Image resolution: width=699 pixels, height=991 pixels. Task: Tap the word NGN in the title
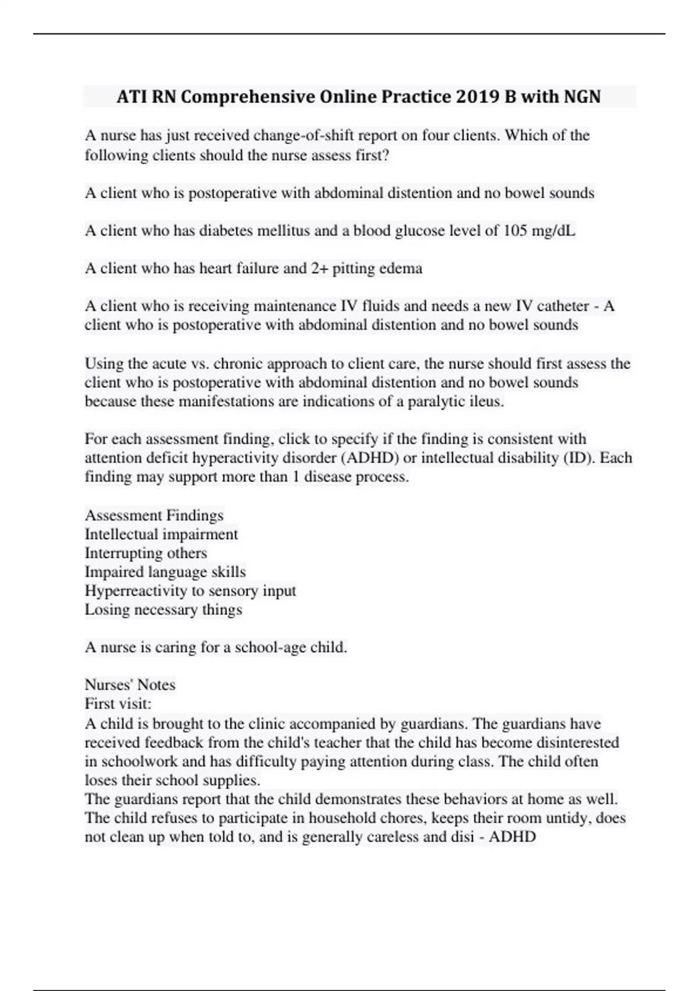[x=582, y=96]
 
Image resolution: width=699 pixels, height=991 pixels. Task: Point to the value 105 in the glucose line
[x=516, y=231]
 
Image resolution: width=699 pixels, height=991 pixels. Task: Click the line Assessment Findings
[x=154, y=515]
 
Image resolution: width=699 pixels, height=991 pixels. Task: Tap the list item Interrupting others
[x=146, y=553]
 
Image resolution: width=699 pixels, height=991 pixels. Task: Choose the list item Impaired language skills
[x=165, y=572]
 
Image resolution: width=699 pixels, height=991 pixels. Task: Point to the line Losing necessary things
[x=164, y=610]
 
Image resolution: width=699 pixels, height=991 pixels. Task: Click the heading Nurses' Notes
[x=130, y=684]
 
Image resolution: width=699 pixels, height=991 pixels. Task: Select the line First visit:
[x=118, y=704]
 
